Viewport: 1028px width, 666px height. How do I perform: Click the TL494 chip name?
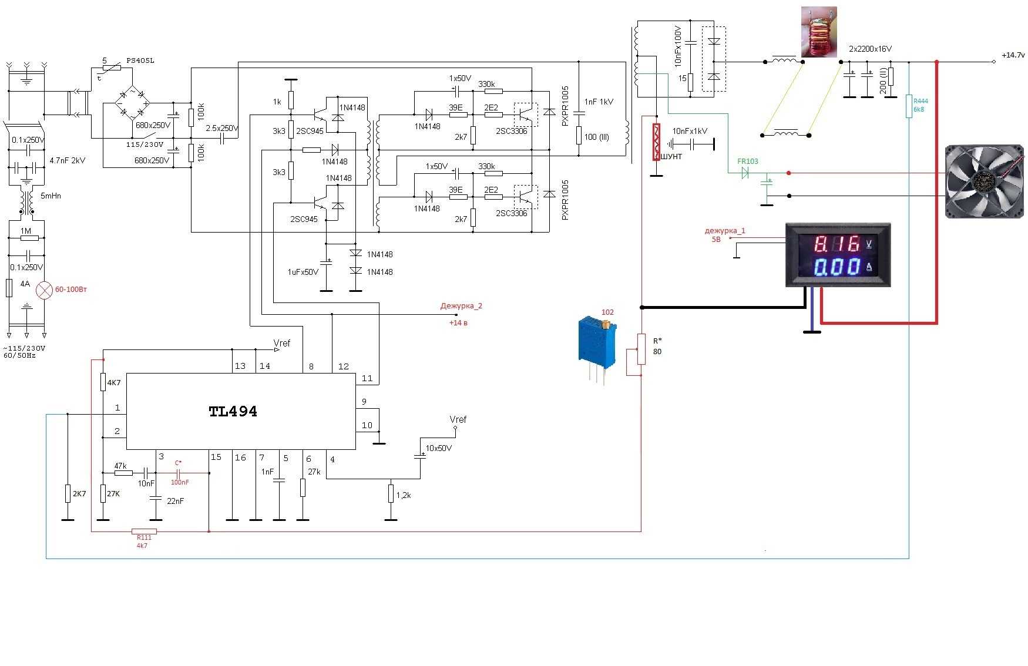233,411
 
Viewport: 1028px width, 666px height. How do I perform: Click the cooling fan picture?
984,181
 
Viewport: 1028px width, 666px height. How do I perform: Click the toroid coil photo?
819,33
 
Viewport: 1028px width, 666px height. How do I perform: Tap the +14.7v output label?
1013,55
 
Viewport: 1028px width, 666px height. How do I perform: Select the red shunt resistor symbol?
656,142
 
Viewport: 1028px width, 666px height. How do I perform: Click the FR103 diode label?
748,161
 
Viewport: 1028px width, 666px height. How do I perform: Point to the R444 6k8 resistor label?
920,105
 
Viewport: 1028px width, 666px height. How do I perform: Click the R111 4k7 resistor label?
143,541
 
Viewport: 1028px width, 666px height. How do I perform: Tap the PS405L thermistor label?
140,60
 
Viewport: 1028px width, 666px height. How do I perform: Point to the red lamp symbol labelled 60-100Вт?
45,290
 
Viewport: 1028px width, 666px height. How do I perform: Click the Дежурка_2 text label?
461,306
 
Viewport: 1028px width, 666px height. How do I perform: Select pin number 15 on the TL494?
216,458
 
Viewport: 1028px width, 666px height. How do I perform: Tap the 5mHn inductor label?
51,196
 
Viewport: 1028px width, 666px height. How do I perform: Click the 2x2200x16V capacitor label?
870,49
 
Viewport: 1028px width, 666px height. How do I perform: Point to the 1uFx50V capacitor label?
303,272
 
